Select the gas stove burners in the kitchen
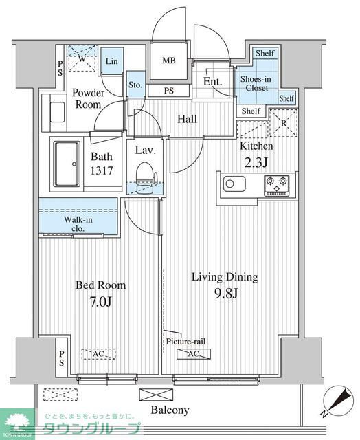point(277,185)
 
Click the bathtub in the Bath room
point(67,164)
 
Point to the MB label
point(169,60)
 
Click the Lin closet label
point(111,61)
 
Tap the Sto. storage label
point(135,85)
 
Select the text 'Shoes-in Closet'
point(256,83)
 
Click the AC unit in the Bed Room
point(99,354)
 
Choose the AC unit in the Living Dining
point(194,354)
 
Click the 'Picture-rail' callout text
point(185,342)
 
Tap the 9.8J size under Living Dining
point(226,294)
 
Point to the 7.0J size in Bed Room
point(101,302)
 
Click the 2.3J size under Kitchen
point(256,163)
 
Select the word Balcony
point(170,410)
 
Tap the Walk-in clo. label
point(78,224)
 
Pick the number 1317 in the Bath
point(102,170)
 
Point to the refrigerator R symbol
point(284,123)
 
